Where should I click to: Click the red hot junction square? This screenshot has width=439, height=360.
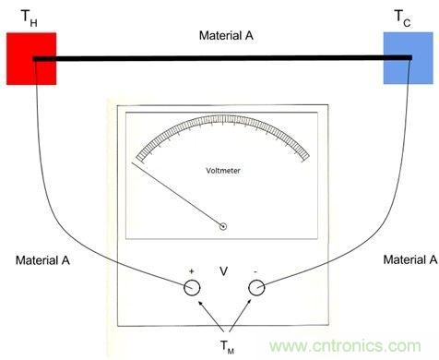point(31,58)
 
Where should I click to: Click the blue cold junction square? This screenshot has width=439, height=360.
point(409,58)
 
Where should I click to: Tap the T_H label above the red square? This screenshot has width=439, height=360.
point(30,18)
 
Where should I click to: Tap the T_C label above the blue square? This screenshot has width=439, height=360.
point(402,18)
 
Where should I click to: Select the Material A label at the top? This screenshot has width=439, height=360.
point(226,35)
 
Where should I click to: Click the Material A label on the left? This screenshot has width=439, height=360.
point(42,260)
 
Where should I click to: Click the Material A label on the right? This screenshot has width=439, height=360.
point(410,259)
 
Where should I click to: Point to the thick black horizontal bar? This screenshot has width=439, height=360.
point(222,58)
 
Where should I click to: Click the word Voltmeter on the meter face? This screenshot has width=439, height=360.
point(223,171)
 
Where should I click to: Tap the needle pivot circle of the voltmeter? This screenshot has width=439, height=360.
point(223,227)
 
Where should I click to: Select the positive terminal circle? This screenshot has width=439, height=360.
point(192,288)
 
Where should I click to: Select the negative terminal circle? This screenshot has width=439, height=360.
point(256,288)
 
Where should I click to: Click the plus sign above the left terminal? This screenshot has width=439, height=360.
point(192,271)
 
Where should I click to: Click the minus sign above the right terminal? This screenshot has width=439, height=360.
point(255,271)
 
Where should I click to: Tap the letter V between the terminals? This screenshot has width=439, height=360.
point(224,271)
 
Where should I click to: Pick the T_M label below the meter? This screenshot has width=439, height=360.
point(227,346)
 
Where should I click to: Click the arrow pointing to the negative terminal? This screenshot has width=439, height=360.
point(240,315)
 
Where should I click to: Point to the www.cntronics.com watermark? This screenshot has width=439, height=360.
point(345,345)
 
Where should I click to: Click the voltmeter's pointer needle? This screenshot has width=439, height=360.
point(177,195)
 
